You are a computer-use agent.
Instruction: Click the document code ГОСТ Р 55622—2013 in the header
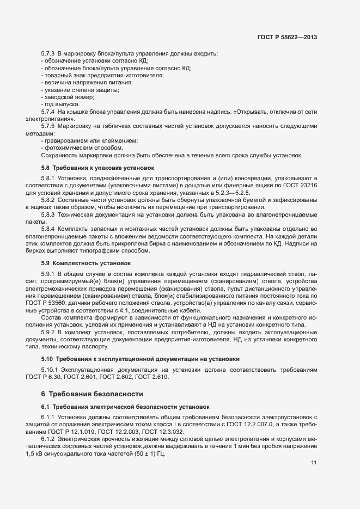coord(287,38)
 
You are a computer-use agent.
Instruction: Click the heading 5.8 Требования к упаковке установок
coord(98,168)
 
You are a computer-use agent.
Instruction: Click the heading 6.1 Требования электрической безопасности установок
coord(127,407)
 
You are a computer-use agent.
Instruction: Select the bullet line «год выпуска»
coord(61,104)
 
